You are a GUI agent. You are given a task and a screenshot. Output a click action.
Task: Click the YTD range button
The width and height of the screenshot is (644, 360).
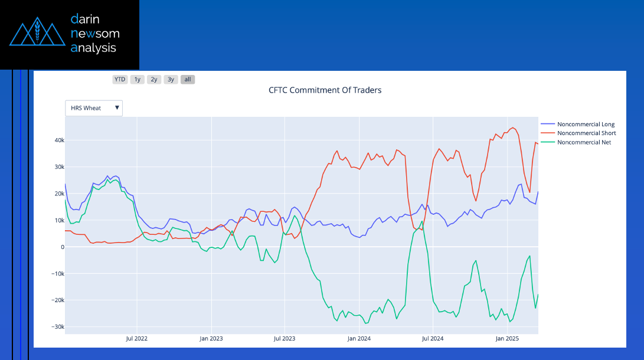point(120,79)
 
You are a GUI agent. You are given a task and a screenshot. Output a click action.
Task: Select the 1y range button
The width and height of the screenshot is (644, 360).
point(137,79)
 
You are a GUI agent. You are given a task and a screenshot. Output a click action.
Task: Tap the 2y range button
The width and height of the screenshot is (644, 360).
point(153,79)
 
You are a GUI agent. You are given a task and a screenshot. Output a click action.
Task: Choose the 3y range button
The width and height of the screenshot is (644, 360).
point(171,79)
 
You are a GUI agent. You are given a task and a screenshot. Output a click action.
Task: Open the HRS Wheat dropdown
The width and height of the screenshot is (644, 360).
point(94,108)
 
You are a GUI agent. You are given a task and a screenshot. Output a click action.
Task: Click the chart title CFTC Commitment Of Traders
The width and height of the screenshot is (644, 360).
point(325,90)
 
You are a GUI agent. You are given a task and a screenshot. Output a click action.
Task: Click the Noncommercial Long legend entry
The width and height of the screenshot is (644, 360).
point(586,125)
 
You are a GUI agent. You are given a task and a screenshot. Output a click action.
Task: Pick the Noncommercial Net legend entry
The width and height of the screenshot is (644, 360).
point(584,142)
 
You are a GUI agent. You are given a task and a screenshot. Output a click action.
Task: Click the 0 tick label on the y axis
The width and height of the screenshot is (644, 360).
point(62,247)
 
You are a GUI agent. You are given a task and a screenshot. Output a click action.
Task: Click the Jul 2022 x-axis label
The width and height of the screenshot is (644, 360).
point(137,339)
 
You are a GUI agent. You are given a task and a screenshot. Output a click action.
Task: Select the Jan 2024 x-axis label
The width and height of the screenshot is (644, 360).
point(359,339)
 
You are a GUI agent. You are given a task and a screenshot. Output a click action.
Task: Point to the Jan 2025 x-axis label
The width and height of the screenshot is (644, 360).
point(506,339)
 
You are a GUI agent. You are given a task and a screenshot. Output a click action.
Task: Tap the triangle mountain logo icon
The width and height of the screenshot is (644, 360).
point(37,34)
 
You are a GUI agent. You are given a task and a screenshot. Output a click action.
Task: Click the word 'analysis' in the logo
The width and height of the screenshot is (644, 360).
point(94,48)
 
